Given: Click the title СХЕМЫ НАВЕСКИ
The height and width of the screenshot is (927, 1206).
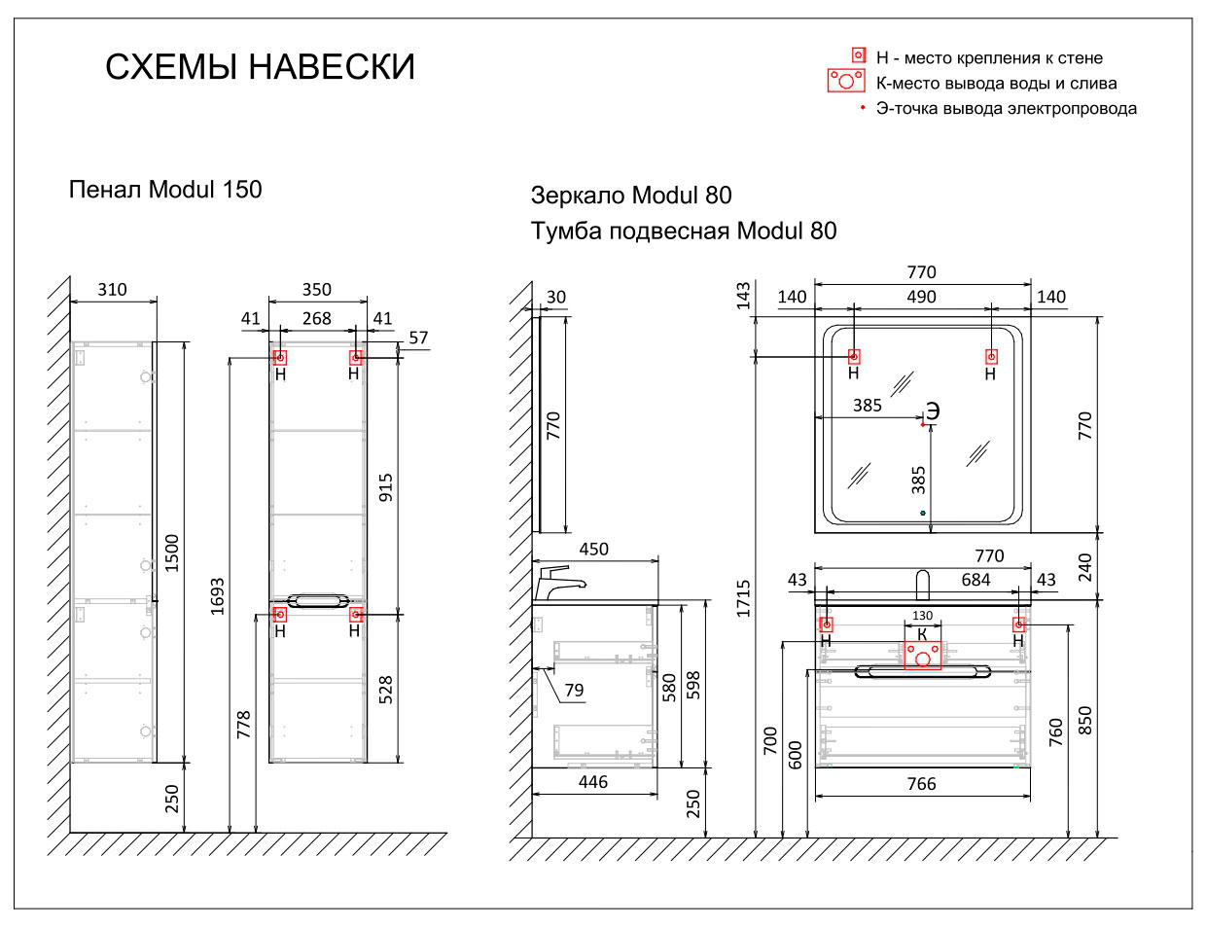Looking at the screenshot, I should pos(260,67).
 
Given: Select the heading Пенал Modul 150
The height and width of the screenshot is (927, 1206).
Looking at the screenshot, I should pos(165,190).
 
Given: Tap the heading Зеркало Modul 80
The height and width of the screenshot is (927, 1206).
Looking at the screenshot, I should pos(630,196).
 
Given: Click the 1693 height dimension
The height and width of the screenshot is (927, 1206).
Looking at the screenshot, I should pos(217,595).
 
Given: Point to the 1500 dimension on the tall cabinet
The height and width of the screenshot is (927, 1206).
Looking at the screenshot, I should pos(172,552).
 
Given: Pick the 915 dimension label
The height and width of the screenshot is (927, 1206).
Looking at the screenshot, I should pos(386,487).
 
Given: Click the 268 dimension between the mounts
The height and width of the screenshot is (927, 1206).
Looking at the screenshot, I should pos(316,319).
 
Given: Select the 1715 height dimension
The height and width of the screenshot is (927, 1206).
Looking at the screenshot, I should pos(744,598).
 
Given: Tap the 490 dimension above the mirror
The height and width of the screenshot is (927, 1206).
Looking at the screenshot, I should pos(921,298).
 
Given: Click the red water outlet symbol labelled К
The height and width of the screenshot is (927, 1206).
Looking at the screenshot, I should pos(922,655).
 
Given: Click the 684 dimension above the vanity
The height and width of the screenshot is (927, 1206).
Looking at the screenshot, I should pos(975,580).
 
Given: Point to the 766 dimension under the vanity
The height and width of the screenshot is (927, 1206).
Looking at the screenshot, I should pos(921,784).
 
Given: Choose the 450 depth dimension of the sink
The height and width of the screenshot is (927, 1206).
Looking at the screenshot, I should pos(593,550).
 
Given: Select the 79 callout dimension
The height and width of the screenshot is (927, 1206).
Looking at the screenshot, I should pos(574,690).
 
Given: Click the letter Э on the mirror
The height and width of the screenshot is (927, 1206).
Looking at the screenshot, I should pos(933,411).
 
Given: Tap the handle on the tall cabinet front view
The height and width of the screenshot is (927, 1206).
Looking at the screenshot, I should pos(317,600).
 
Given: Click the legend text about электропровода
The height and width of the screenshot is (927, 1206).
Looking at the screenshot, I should pos(1006,109).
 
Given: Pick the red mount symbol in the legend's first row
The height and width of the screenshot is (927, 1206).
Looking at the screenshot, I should pos(859,56).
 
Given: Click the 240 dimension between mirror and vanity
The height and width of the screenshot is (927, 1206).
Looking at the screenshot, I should pos(1084,566).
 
